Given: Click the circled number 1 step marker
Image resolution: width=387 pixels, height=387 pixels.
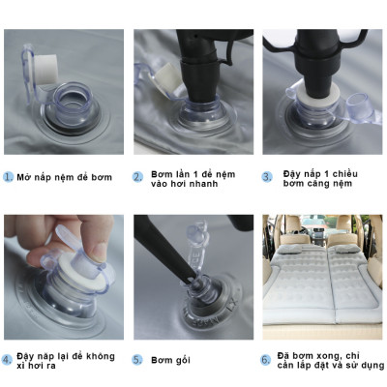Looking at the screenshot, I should point(9,177).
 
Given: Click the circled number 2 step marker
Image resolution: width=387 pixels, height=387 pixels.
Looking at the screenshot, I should point(138,177).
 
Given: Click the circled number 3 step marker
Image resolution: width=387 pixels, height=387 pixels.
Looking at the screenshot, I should point(267,177).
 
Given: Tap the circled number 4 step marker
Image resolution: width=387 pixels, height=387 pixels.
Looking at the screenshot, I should point(9,359).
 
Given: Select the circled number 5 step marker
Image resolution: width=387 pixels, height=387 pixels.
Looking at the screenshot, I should point(138,359).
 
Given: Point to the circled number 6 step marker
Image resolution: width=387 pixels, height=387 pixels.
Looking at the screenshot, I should point(267,359).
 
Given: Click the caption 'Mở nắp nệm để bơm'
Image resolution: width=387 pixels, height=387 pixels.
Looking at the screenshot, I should point(65,177).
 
